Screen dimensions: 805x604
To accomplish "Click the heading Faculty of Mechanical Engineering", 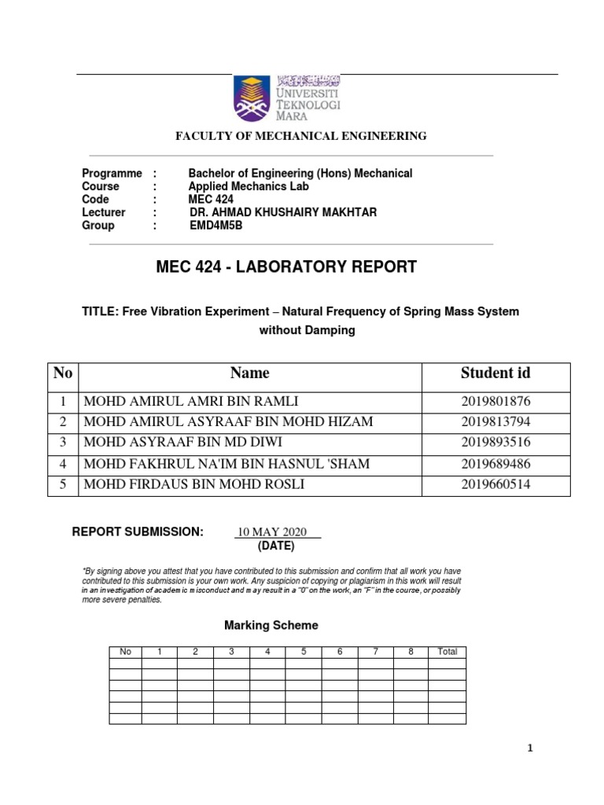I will [300, 136].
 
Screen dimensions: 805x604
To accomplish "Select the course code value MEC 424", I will [211, 200].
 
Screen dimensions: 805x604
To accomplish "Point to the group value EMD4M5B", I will [216, 226].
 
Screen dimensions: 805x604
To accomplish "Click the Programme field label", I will [112, 173].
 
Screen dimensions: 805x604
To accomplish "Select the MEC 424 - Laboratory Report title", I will [287, 267].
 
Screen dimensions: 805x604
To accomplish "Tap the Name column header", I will [250, 373].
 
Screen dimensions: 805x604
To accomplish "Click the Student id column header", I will [495, 373].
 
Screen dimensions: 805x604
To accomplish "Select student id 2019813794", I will [495, 422].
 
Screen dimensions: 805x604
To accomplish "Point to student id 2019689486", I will [495, 464].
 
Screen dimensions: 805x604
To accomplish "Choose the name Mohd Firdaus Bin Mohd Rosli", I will [193, 484].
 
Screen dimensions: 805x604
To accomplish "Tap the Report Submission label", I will [138, 532].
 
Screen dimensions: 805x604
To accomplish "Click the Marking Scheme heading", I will [271, 626].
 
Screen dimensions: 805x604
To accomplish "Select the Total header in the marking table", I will [447, 652].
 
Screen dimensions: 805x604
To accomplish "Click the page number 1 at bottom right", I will [530, 749].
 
